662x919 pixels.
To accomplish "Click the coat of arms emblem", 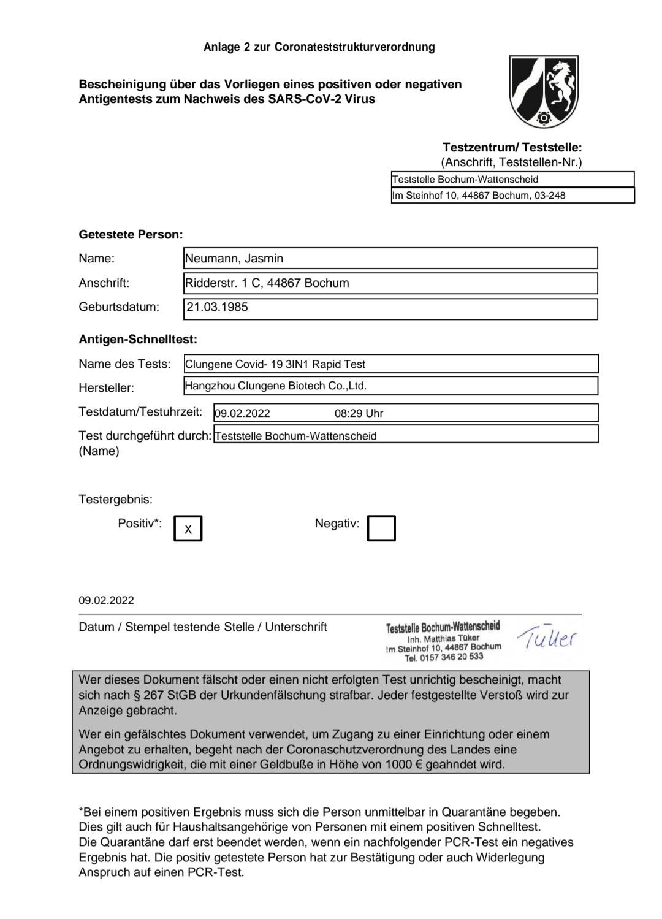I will (x=544, y=91).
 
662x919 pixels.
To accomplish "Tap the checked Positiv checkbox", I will (x=188, y=528).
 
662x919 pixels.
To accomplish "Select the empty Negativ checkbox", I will (x=381, y=528).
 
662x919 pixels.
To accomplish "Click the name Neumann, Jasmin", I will (x=234, y=259).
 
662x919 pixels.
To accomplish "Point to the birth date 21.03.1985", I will (x=218, y=307).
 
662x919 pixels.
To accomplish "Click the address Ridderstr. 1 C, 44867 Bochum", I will (x=267, y=283).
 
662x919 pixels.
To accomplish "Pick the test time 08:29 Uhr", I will (x=359, y=413).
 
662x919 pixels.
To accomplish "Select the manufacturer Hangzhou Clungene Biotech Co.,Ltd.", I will (x=276, y=386).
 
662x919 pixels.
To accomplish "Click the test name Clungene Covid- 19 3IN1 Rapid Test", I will (x=275, y=364).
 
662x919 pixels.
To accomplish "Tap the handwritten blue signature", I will (x=547, y=639).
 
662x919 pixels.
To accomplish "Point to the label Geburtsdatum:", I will (x=119, y=307).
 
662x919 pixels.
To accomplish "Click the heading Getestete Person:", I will (x=131, y=235).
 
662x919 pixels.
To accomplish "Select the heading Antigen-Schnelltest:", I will (x=138, y=340).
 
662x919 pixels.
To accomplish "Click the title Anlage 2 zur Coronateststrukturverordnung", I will (x=319, y=47).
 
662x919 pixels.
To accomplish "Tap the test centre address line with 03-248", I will (x=479, y=196).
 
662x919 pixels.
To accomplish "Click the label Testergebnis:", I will (x=115, y=500).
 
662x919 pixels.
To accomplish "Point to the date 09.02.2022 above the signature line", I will (x=106, y=601).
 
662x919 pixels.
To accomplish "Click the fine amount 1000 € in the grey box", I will (x=403, y=765).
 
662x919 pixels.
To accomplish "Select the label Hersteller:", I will (x=106, y=388).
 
